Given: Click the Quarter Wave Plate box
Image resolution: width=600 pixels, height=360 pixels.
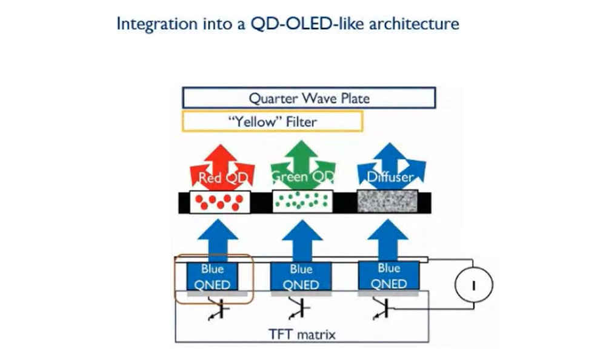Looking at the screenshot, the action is (x=309, y=98).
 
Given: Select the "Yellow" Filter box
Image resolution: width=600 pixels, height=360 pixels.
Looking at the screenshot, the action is (x=273, y=121).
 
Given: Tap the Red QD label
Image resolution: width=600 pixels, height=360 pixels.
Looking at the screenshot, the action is (x=223, y=178).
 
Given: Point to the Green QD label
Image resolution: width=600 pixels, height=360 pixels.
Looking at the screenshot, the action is (x=302, y=177).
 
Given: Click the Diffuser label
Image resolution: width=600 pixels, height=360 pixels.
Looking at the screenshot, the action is (x=390, y=177).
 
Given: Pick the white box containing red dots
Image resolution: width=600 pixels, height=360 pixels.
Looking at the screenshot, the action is (x=219, y=202).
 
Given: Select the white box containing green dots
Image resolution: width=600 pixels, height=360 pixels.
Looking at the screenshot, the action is (x=302, y=202).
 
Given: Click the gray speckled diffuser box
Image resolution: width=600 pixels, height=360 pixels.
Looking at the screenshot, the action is (x=387, y=201).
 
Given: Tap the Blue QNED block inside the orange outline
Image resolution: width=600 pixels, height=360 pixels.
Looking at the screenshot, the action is (x=212, y=276).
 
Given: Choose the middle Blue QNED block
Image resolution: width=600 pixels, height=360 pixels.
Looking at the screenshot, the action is (x=301, y=276).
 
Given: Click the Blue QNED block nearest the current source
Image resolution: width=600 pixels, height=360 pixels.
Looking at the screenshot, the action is (x=388, y=276).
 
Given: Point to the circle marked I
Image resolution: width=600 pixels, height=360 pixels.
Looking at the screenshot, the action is (x=474, y=285).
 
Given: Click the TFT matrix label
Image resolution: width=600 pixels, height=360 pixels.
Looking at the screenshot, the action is (x=302, y=335).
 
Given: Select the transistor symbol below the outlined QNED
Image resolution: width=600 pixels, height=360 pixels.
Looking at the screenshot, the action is (x=218, y=308).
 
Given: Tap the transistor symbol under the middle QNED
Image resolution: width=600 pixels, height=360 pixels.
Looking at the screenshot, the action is (x=300, y=308).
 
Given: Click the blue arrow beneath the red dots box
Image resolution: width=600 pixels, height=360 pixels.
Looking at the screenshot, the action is (x=218, y=241).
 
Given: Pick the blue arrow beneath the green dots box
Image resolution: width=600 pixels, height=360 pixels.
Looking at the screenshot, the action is (x=302, y=241).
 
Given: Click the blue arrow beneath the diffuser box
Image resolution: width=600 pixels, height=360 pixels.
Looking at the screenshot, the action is (x=388, y=240).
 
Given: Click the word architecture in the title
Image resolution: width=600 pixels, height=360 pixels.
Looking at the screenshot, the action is (x=414, y=24).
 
